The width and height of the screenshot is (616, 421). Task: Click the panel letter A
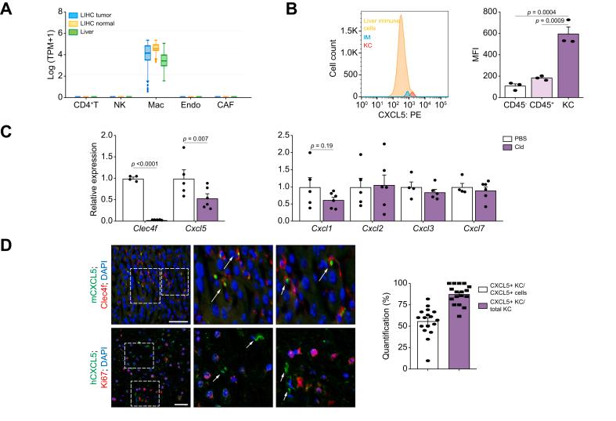tap(8, 8)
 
